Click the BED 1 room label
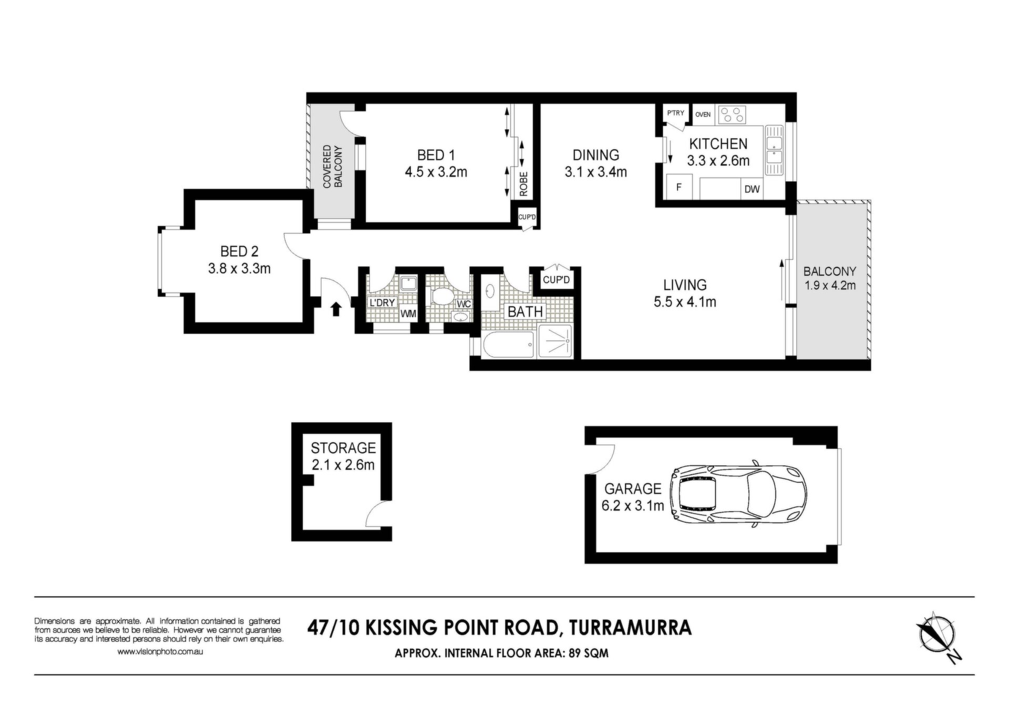coord(436,155)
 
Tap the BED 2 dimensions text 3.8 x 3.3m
coord(239,269)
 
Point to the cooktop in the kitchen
coord(732,115)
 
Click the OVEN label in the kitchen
coord(703,114)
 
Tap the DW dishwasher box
coord(752,189)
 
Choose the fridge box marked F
coord(679,187)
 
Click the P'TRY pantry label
coord(675,113)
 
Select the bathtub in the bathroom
coord(508,345)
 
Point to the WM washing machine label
coord(408,314)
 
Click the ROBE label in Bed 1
coord(523,184)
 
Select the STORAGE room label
coord(343,448)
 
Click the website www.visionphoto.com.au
coord(160,652)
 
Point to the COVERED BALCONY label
coord(333,166)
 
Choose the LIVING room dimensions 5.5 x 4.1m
coord(685,302)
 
